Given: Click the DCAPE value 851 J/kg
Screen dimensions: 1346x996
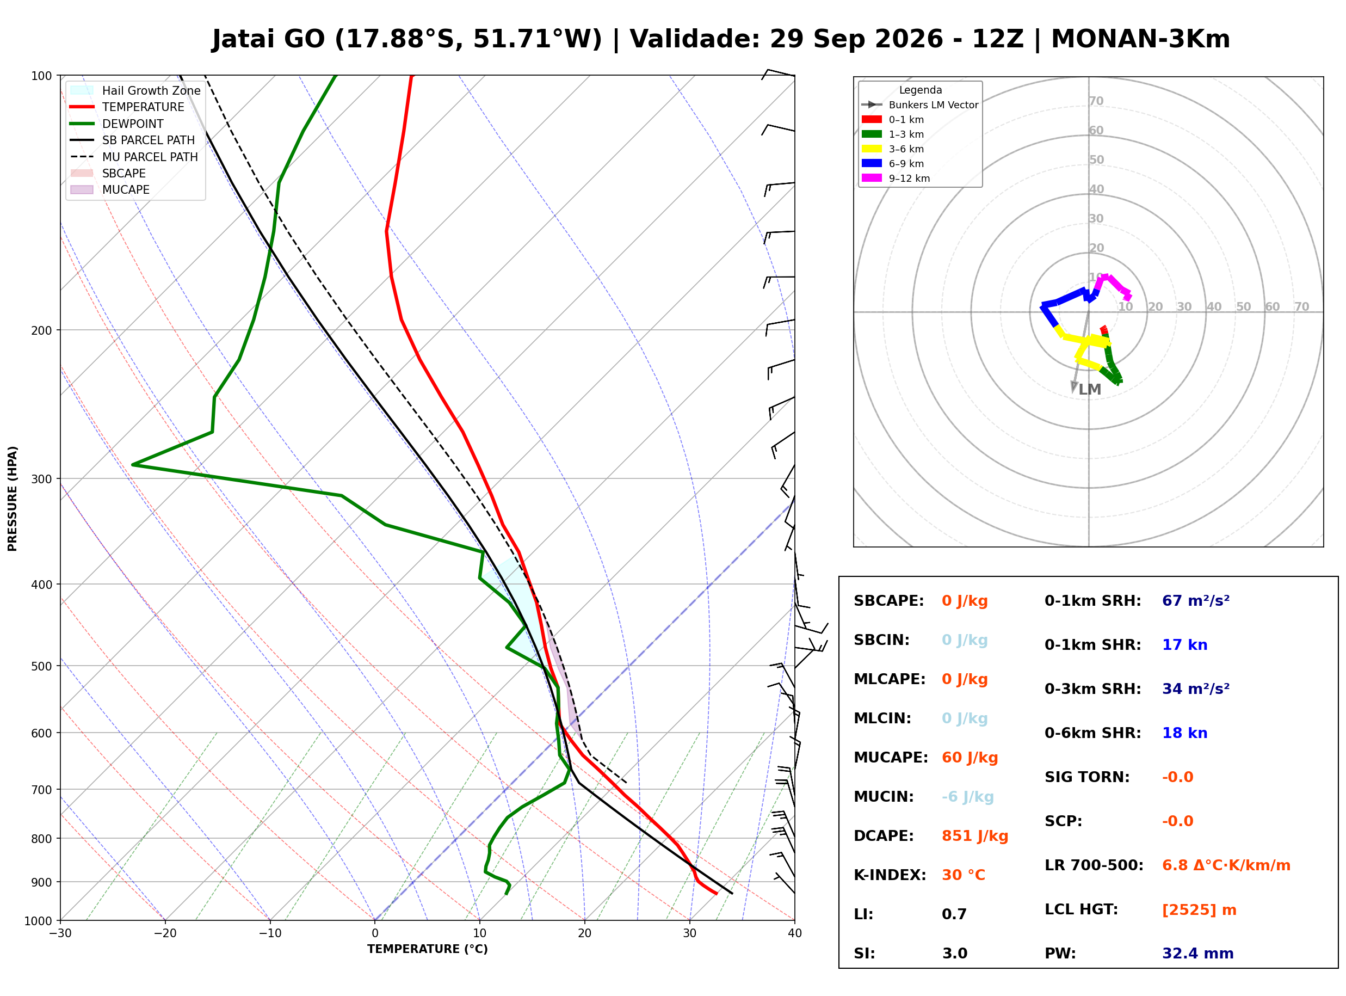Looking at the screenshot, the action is (x=975, y=836).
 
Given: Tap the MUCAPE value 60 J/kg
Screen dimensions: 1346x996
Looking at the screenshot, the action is (x=970, y=758).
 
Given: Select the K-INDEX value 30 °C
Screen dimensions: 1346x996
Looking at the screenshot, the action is (x=964, y=875).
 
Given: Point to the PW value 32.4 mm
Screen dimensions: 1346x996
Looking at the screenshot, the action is (x=1198, y=954).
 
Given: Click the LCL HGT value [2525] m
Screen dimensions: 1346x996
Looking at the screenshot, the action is (x=1199, y=910).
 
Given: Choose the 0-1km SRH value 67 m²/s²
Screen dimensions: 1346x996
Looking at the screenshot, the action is (x=1196, y=601).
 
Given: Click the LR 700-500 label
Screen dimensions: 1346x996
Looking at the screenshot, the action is (x=1094, y=866).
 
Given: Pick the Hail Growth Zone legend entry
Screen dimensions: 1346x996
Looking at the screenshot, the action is (x=135, y=90).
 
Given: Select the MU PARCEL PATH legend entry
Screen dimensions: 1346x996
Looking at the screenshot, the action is (x=134, y=157).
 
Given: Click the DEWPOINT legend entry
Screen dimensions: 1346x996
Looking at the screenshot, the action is (x=117, y=124).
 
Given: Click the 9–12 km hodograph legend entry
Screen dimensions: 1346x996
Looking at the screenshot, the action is (x=896, y=179).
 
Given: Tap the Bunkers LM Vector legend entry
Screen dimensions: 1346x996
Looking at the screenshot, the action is (x=920, y=105).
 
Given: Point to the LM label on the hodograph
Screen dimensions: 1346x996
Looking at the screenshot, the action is (x=1090, y=390).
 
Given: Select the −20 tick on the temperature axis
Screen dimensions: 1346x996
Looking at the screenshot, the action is (x=165, y=934).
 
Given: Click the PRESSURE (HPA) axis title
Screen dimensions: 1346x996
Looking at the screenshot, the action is (x=13, y=499).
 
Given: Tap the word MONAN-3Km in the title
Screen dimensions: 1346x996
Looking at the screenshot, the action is (x=1140, y=39).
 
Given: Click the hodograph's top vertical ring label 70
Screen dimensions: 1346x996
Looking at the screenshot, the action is (x=1096, y=101).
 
